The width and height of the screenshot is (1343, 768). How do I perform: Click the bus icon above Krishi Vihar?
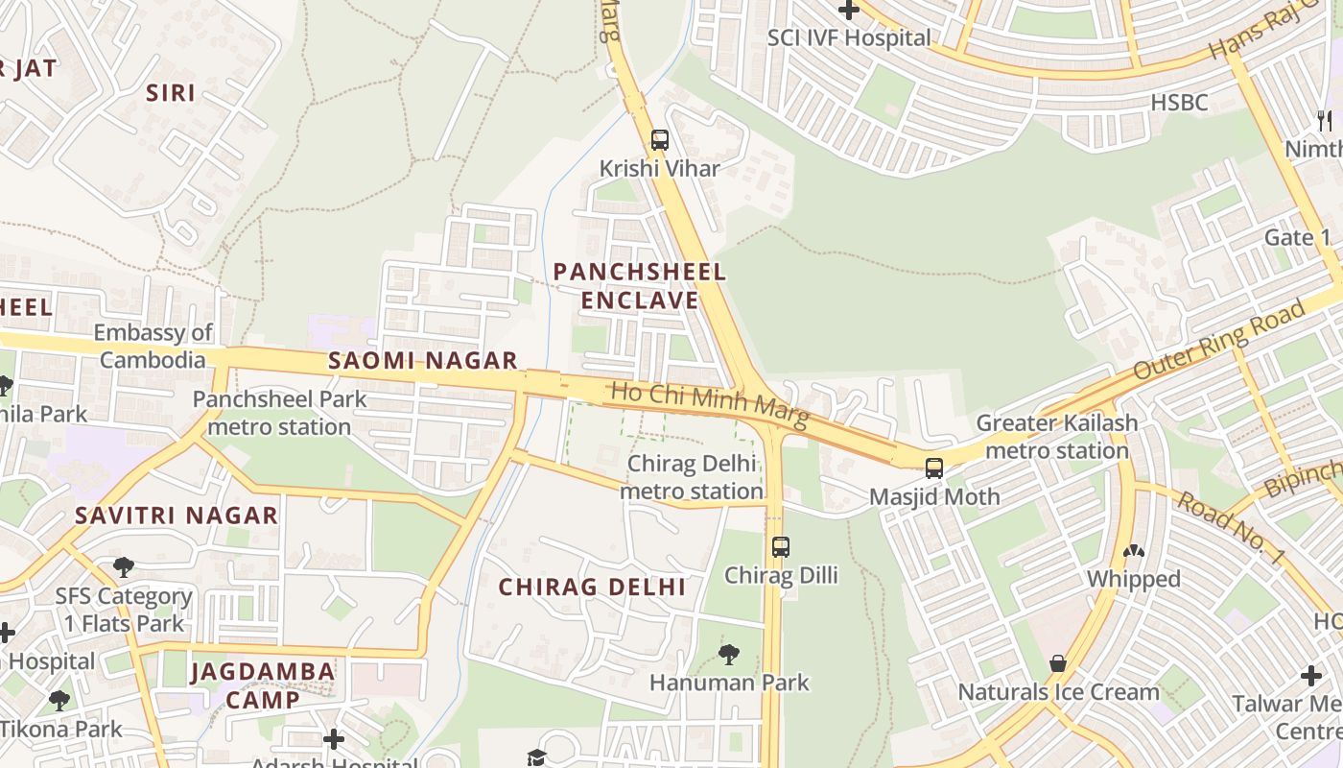click(x=659, y=139)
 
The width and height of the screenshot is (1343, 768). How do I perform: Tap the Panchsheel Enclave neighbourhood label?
click(x=640, y=286)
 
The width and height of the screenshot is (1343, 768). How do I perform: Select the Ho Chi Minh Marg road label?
click(x=710, y=404)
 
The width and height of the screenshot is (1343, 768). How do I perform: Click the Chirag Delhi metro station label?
click(x=691, y=477)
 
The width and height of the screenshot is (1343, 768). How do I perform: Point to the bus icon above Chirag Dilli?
click(x=781, y=547)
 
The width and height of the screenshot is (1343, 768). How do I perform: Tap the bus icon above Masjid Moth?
click(x=933, y=468)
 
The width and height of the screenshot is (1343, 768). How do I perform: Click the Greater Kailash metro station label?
click(x=1056, y=437)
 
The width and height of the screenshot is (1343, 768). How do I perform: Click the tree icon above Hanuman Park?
click(x=729, y=655)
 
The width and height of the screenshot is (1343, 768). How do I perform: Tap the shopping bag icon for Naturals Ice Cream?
click(x=1058, y=663)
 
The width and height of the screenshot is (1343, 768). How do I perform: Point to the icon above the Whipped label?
click(x=1133, y=552)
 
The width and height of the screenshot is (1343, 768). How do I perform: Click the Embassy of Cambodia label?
click(x=153, y=347)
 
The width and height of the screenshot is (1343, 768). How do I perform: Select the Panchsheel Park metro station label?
click(x=271, y=413)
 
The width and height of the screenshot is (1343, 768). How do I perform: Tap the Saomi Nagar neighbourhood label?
click(x=422, y=361)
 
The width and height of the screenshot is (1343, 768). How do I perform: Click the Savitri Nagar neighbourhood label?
click(x=177, y=515)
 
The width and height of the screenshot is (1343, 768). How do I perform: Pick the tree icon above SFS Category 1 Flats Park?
click(x=124, y=567)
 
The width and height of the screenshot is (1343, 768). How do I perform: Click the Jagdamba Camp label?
click(x=263, y=685)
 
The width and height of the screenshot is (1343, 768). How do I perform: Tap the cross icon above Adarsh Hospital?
click(x=334, y=739)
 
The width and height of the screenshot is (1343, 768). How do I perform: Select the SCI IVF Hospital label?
click(x=849, y=37)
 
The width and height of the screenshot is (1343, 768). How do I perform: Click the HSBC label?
click(x=1179, y=102)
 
